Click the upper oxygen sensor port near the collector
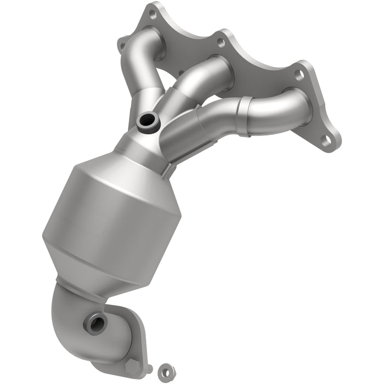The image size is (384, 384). click(148, 122)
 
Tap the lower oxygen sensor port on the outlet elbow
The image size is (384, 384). click(94, 323)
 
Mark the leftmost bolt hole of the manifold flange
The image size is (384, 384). click(124, 40)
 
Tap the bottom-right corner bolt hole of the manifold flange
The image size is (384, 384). click(327, 141)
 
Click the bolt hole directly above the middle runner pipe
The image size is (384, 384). click(221, 41)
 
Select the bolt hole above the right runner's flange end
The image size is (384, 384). click(300, 76)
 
